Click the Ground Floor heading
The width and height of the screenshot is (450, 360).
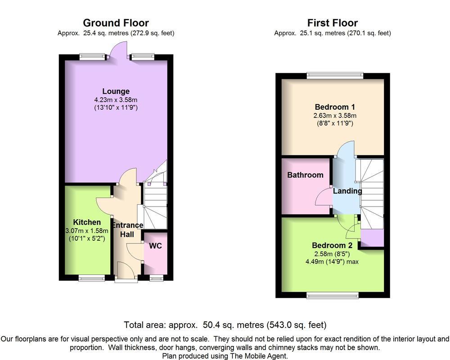116,22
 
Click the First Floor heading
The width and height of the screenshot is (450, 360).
333,22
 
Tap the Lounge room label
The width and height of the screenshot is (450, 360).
116,91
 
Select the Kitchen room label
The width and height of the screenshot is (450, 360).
87,222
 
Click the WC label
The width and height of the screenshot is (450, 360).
155,246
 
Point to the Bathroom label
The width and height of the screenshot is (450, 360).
305,175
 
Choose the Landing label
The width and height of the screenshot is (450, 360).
347,191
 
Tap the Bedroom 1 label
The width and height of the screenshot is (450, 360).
335,107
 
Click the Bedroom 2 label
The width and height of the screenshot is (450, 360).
332,245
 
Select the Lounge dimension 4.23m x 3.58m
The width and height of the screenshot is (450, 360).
116,100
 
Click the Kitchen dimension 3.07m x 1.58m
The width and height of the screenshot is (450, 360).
87,230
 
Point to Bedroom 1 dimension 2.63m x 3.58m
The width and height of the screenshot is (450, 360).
335,116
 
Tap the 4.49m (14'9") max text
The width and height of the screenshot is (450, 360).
332,261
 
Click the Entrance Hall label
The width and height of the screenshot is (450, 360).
127,229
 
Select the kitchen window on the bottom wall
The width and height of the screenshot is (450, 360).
92,278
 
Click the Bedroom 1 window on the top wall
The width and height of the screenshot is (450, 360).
335,76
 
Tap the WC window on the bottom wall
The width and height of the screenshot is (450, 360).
157,278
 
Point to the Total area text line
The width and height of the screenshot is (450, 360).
225,325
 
